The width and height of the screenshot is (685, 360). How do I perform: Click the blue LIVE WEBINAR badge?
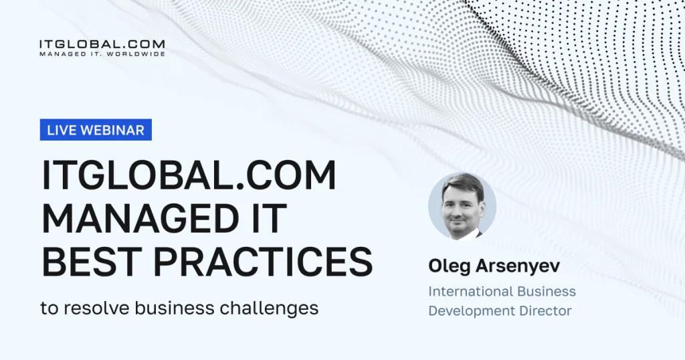coord(96,130)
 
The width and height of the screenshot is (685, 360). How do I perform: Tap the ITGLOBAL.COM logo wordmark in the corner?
coord(102,44)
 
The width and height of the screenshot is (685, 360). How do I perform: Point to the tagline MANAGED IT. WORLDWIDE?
coord(102,54)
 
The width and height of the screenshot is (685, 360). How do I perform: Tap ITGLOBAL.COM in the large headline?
coord(189,175)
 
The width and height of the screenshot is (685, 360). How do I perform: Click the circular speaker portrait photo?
coord(462,207)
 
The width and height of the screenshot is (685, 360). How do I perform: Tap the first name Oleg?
coord(449,266)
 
